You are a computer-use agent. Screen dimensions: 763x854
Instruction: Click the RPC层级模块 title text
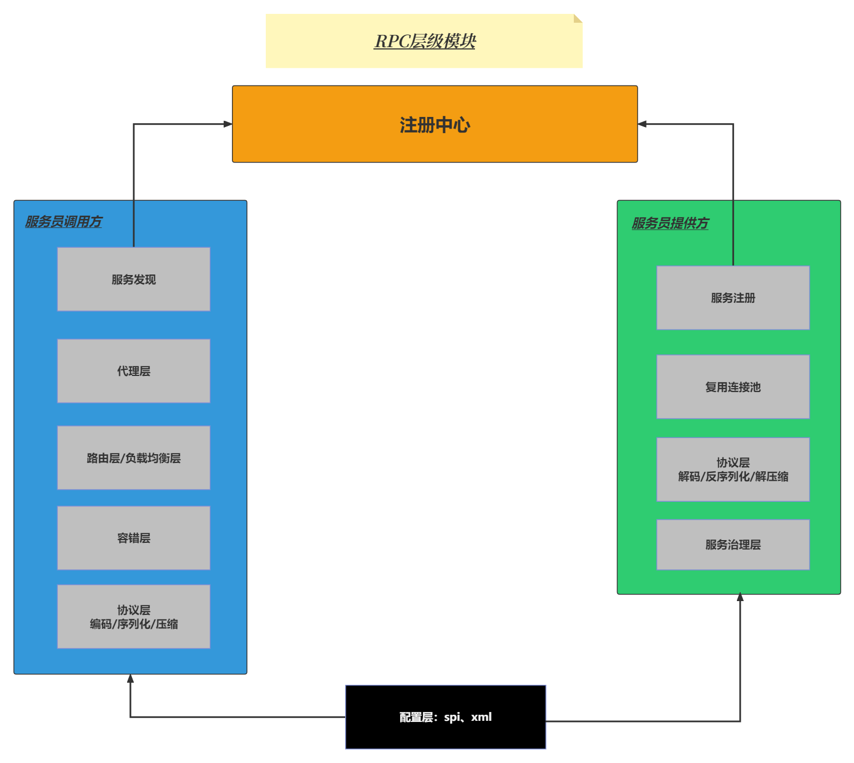pyautogui.click(x=425, y=41)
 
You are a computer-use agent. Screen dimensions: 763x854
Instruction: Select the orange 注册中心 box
pyautogui.click(x=434, y=124)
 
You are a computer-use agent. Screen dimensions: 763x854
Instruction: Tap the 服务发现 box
pyautogui.click(x=134, y=279)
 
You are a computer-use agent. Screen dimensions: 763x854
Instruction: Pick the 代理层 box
pyautogui.click(x=134, y=371)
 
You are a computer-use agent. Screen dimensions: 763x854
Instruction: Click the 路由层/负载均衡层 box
pyautogui.click(x=134, y=458)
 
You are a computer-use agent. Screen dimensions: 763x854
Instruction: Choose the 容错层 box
pyautogui.click(x=134, y=538)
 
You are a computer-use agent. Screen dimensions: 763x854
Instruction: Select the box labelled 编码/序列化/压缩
pyautogui.click(x=134, y=617)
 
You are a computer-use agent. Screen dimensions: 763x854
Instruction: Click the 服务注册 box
pyautogui.click(x=733, y=298)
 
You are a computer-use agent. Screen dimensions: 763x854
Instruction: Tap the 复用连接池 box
pyautogui.click(x=733, y=387)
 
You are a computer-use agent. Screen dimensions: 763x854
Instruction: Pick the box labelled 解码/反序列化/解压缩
pyautogui.click(x=733, y=470)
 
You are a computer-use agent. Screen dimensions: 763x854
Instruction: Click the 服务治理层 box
pyautogui.click(x=733, y=545)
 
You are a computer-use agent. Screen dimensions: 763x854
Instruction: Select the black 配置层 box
pyautogui.click(x=446, y=717)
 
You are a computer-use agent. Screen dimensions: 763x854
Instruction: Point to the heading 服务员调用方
pyautogui.click(x=64, y=222)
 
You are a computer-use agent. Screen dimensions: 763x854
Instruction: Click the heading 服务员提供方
pyautogui.click(x=670, y=223)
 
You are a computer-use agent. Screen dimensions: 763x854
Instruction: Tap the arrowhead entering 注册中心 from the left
pyautogui.click(x=228, y=124)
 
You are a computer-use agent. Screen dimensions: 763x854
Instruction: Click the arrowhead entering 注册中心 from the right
pyautogui.click(x=643, y=124)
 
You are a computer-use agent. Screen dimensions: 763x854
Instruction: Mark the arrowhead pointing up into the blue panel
pyautogui.click(x=130, y=679)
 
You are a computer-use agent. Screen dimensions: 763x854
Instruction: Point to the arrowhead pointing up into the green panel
pyautogui.click(x=740, y=597)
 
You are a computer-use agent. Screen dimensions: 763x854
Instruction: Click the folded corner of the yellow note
pyautogui.click(x=578, y=18)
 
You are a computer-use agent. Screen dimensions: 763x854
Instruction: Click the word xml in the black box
pyautogui.click(x=481, y=717)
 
